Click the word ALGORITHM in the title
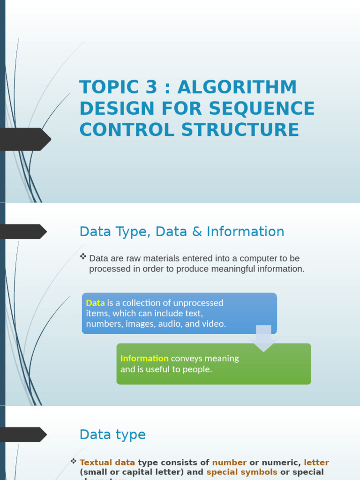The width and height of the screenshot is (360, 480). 237,88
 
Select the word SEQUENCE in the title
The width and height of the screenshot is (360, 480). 262,109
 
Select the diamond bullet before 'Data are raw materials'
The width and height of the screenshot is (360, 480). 83,256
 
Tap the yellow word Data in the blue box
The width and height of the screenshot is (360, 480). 95,303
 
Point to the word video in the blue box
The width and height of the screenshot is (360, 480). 214,323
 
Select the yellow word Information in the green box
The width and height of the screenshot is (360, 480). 144,359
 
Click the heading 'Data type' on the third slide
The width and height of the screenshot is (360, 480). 112,435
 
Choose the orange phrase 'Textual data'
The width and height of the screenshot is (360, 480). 107,463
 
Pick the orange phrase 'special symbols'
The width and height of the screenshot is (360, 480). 242,472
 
